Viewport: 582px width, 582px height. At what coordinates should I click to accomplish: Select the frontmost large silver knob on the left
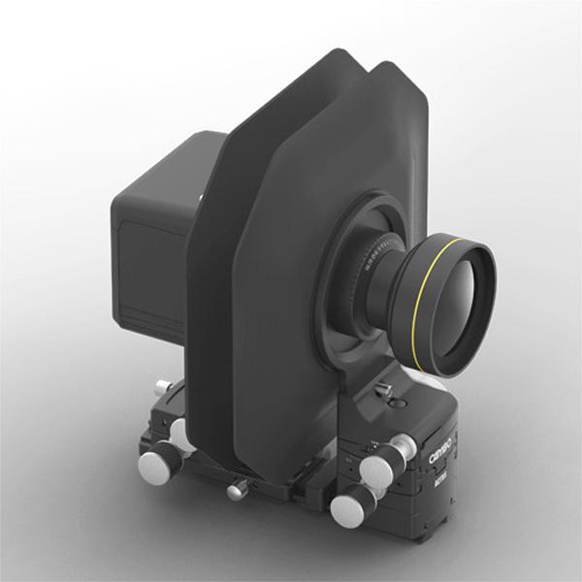[153, 468]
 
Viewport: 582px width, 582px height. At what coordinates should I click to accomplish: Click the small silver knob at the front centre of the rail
[235, 490]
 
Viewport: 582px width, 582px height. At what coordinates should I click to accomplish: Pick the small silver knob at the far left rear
[161, 388]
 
